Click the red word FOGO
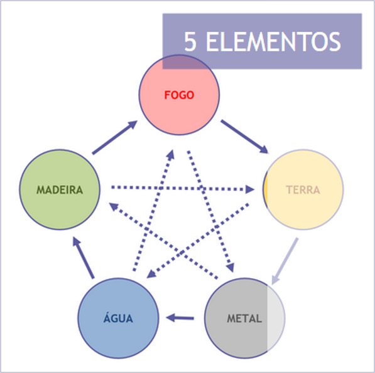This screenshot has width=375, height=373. [x=179, y=95]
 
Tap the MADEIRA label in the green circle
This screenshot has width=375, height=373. [x=60, y=190]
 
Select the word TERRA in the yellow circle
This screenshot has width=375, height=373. [x=303, y=190]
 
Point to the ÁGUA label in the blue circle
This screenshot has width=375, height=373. [x=118, y=317]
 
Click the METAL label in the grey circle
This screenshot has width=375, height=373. [x=244, y=318]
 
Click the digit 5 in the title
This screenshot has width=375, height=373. [x=190, y=41]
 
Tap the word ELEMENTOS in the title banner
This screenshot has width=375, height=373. [x=273, y=41]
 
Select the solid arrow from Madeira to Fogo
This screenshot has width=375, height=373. [x=115, y=137]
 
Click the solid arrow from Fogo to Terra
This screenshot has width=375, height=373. [x=244, y=137]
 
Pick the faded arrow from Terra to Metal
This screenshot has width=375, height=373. [x=285, y=261]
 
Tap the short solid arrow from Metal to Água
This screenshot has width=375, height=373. [x=180, y=318]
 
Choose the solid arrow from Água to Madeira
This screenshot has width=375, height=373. [x=83, y=258]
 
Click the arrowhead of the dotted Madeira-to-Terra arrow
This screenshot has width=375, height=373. [x=249, y=190]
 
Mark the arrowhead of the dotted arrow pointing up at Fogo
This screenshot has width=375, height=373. [x=170, y=154]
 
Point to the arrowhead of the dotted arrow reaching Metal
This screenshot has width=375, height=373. [x=231, y=268]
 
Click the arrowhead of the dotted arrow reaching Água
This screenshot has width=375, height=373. [x=151, y=275]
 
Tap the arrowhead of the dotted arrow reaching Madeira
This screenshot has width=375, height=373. [x=114, y=206]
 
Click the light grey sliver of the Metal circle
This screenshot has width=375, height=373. [x=276, y=318]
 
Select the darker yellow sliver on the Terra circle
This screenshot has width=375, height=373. [x=265, y=190]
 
